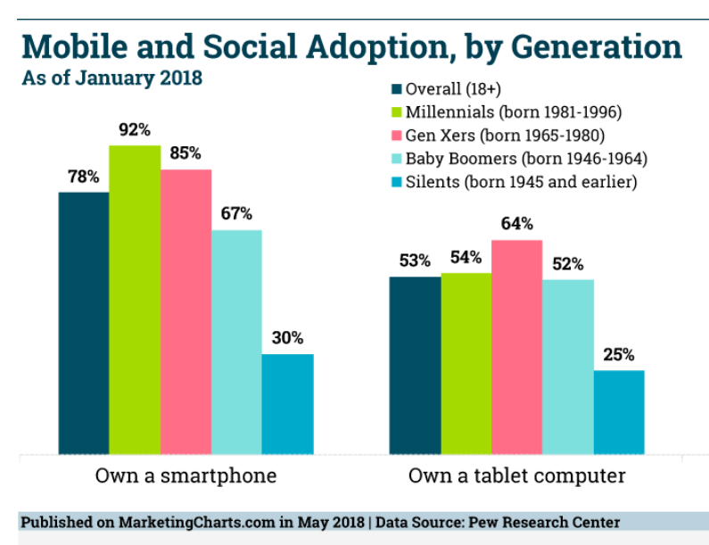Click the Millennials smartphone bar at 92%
135,299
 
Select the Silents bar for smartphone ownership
287,403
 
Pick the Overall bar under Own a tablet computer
415,365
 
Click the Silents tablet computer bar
619,411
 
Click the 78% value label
83,177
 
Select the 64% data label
516,224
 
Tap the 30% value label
287,338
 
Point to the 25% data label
618,354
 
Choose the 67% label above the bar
236,214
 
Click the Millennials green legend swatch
397,112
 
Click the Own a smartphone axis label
185,476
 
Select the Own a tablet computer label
516,476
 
